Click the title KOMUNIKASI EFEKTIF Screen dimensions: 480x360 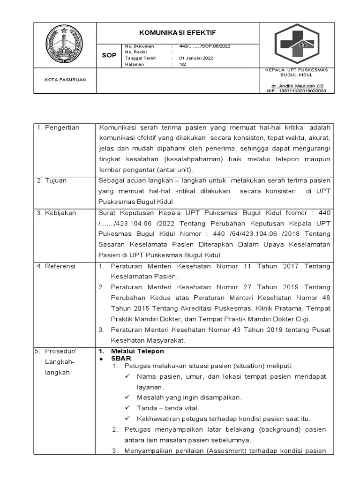177,33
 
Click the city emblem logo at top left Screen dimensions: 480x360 64,45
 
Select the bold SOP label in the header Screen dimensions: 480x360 109,55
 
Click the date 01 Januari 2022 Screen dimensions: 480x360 196,58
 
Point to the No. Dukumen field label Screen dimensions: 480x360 140,46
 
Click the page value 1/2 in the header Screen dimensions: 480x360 183,64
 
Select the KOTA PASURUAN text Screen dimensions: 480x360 65,80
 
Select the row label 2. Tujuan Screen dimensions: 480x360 53,180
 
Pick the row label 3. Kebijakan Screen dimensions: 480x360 57,213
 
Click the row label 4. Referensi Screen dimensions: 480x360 57,266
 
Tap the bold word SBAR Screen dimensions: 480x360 121,359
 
